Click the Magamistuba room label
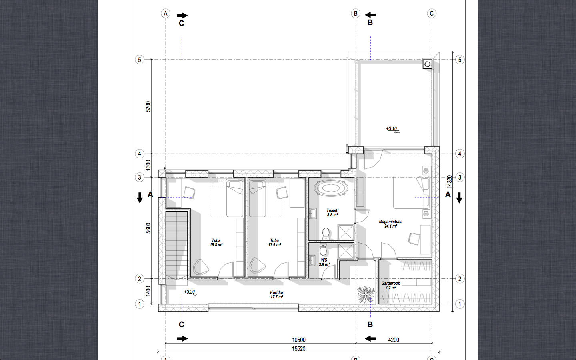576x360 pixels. pos(390,222)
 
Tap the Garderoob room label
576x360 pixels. pos(390,283)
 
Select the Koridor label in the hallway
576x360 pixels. pos(277,292)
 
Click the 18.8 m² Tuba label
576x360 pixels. pos(216,243)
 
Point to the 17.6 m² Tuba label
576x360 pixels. pos(274,243)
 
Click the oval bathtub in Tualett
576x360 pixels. pos(332,188)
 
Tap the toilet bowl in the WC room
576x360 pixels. pos(323,249)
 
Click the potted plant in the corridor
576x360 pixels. pos(366,294)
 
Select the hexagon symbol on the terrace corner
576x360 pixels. pos(427,64)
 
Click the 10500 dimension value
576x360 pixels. pos(298,340)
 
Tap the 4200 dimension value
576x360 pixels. pos(394,340)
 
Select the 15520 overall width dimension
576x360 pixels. pos(298,349)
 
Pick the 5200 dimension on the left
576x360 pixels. pos(148,106)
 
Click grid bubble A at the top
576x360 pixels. pos(166,13)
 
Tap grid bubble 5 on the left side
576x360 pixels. pos(140,60)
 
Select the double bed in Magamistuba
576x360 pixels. pos(411,192)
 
